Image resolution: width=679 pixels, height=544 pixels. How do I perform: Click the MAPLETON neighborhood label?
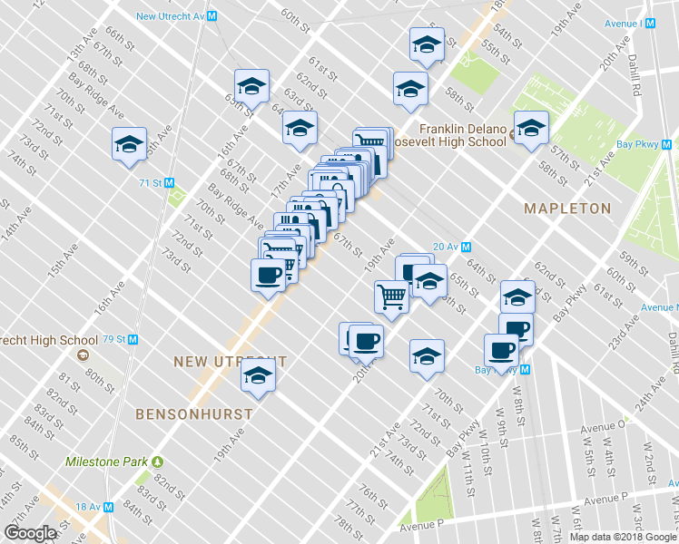[x=567, y=209]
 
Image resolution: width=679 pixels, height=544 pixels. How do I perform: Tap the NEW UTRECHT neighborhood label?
[x=230, y=362]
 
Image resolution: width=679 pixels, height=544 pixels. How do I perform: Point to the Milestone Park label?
[x=107, y=461]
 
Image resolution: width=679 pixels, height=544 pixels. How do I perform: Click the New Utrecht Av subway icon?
[x=212, y=15]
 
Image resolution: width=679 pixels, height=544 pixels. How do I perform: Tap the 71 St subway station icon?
[x=169, y=182]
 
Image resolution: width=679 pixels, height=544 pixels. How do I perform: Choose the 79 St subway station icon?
[x=133, y=340]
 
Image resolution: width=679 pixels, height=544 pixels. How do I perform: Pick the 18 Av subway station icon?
[x=108, y=508]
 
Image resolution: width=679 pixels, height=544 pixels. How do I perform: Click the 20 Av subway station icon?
[x=467, y=247]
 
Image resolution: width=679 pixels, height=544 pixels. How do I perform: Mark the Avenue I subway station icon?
[x=649, y=23]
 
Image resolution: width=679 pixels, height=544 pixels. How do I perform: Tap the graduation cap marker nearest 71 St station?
[x=130, y=145]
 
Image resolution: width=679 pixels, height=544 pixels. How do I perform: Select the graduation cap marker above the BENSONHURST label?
[x=258, y=374]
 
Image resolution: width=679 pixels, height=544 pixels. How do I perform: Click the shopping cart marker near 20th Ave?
[x=391, y=296]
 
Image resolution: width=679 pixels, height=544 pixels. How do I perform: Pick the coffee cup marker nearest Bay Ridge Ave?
[x=268, y=275]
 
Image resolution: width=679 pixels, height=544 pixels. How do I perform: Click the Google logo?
[x=31, y=532]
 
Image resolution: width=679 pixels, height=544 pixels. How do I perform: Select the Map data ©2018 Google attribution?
[x=623, y=537]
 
